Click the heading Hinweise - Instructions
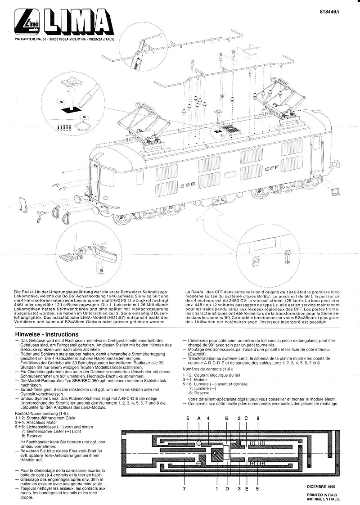(47, 335)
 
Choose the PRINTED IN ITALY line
(324, 494)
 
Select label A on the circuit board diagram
(198, 418)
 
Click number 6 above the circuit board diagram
(187, 418)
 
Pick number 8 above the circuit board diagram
(258, 418)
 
